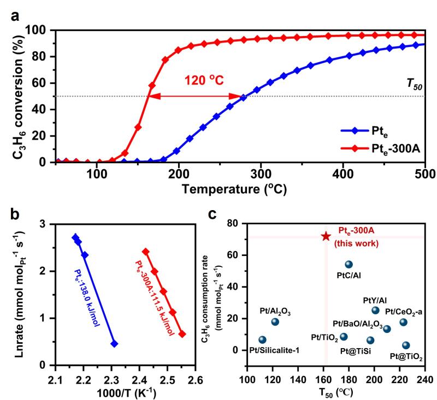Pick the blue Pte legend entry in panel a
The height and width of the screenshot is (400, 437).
(377, 131)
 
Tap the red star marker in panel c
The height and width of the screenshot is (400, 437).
(326, 236)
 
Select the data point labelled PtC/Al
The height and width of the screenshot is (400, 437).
(349, 264)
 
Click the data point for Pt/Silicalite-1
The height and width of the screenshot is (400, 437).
(263, 339)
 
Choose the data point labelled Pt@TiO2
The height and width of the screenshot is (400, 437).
(406, 345)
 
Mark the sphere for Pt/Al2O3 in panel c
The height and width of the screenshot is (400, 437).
(275, 321)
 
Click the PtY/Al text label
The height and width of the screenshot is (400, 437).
(375, 300)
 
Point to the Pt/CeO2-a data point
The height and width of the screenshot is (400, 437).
(403, 322)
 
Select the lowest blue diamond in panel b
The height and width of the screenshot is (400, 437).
(114, 344)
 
